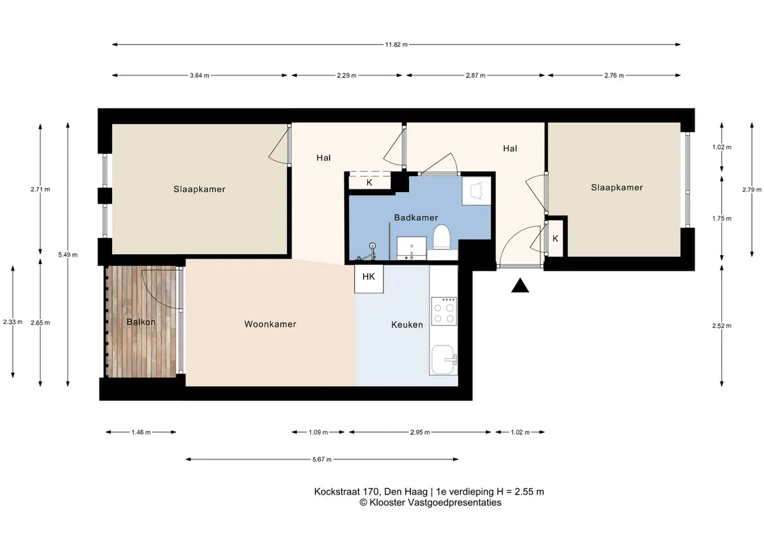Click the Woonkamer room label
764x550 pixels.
point(270,324)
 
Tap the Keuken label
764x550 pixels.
point(407,325)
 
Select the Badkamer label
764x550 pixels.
point(416,217)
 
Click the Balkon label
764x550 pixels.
point(141,322)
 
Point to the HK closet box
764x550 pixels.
point(369,279)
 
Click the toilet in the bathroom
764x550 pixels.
point(442,237)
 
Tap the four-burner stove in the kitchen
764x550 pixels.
point(444,311)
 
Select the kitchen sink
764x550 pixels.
point(444,360)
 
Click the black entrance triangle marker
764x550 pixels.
point(520,286)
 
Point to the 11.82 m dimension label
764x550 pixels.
point(396,44)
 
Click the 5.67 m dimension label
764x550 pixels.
point(322,459)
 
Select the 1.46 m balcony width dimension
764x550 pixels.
point(141,432)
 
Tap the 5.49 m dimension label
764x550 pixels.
point(68,255)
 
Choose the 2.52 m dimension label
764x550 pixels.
point(721,325)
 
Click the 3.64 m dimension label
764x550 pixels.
point(200,75)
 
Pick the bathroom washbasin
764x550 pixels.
point(411,247)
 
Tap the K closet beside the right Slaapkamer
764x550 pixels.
point(555,239)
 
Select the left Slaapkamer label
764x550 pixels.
point(200,189)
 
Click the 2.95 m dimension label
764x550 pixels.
point(420,432)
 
